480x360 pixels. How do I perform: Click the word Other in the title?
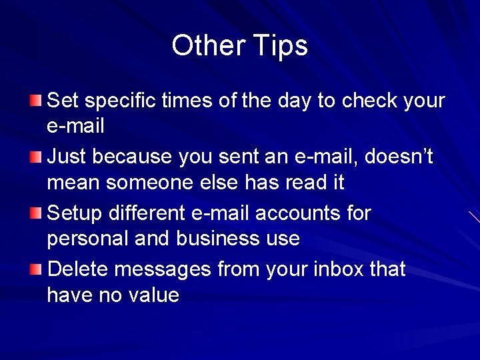pos(209,46)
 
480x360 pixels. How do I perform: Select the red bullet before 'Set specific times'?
pos(35,101)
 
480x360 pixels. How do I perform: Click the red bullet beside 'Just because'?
pos(35,157)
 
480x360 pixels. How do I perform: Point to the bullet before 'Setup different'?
pos(35,213)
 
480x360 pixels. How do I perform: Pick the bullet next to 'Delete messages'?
pos(35,269)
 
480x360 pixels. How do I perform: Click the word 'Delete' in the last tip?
pos(78,270)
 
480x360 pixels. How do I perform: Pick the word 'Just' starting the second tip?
pos(67,157)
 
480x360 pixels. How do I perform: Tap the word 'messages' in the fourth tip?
pos(163,270)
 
